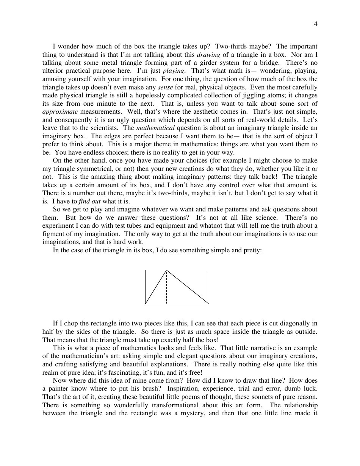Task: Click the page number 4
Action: pos(316,24)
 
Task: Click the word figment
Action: pos(53,234)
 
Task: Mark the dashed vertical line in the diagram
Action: pos(167,288)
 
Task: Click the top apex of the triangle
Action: pos(167,270)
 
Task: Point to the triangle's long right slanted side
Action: pos(188,287)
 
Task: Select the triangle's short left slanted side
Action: pos(156,287)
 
